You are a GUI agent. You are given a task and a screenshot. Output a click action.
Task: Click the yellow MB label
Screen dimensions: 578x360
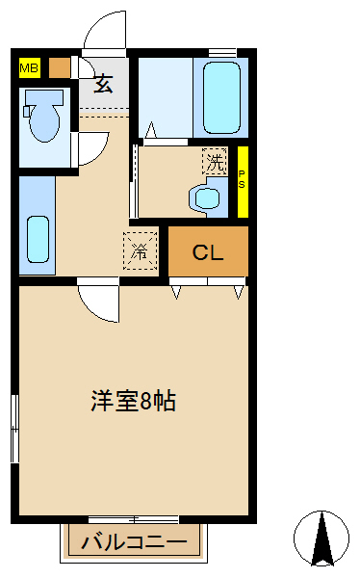pyautogui.click(x=29, y=67)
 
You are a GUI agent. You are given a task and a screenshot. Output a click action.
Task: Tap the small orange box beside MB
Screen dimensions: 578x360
pyautogui.click(x=60, y=67)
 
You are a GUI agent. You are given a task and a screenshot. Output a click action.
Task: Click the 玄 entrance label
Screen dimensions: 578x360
pyautogui.click(x=104, y=84)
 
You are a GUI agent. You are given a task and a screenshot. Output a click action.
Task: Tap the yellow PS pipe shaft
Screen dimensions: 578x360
pyautogui.click(x=242, y=180)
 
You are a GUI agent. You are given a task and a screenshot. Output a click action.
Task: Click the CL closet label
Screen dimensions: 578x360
pyautogui.click(x=208, y=253)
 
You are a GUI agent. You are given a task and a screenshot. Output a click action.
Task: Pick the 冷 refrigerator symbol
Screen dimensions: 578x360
pyautogui.click(x=140, y=252)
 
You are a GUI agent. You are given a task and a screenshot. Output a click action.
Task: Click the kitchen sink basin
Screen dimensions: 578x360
pyautogui.click(x=38, y=239)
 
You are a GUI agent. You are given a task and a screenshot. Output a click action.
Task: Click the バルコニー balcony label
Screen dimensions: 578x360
pyautogui.click(x=135, y=541)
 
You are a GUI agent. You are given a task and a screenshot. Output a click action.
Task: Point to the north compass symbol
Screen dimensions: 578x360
pyautogui.click(x=322, y=537)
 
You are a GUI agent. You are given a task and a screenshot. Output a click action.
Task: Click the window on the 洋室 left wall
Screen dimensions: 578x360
pyautogui.click(x=14, y=430)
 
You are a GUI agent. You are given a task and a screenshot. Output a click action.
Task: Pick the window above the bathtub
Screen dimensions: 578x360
pyautogui.click(x=222, y=51)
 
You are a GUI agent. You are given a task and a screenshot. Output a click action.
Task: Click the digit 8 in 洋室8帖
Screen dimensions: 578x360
pyautogui.click(x=144, y=402)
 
